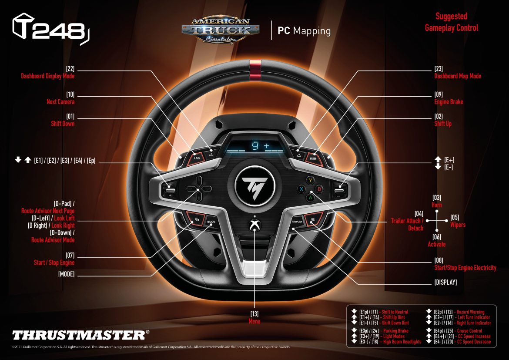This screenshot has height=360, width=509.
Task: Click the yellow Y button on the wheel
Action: coord(310,180)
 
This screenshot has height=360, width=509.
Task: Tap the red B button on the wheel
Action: coord(319,188)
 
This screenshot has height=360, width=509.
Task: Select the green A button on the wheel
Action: coord(310,197)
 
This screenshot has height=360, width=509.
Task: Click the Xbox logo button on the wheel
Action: coord(254,225)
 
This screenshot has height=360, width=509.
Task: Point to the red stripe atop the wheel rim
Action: coord(254,71)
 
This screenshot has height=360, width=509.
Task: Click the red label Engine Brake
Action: coord(449,102)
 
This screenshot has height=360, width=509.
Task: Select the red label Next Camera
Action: coord(60,102)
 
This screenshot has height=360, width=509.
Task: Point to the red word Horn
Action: coord(437,205)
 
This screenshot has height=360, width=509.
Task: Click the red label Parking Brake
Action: coord(396,331)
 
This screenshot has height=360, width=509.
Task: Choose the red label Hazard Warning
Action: coord(470,312)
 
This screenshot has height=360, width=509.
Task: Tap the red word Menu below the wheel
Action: coord(254,321)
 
